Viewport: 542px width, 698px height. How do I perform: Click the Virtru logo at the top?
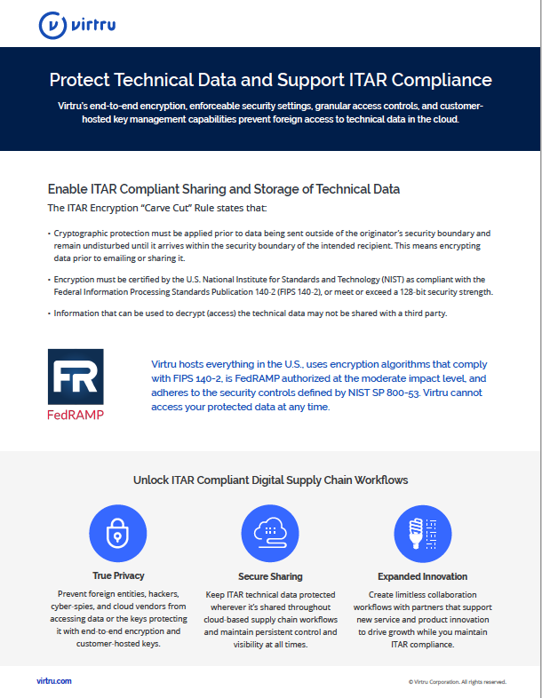[77, 25]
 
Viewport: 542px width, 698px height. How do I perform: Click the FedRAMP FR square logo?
[76, 377]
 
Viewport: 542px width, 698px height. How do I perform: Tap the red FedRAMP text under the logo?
[76, 415]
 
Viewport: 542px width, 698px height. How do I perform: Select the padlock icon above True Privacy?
[117, 533]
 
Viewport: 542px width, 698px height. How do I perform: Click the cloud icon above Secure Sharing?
[270, 534]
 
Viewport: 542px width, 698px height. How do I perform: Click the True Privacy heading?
[118, 575]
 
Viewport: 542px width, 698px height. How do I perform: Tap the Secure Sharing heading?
[270, 576]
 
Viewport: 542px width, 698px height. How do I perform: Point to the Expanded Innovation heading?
[423, 576]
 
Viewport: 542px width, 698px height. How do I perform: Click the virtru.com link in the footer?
[54, 680]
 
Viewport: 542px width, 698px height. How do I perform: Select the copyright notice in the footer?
[458, 681]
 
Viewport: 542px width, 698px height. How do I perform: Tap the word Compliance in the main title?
[442, 80]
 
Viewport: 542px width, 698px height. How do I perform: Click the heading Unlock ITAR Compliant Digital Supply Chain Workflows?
[271, 480]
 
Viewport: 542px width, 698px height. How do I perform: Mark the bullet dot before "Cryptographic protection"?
[49, 234]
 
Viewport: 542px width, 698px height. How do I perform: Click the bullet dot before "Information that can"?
[49, 313]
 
